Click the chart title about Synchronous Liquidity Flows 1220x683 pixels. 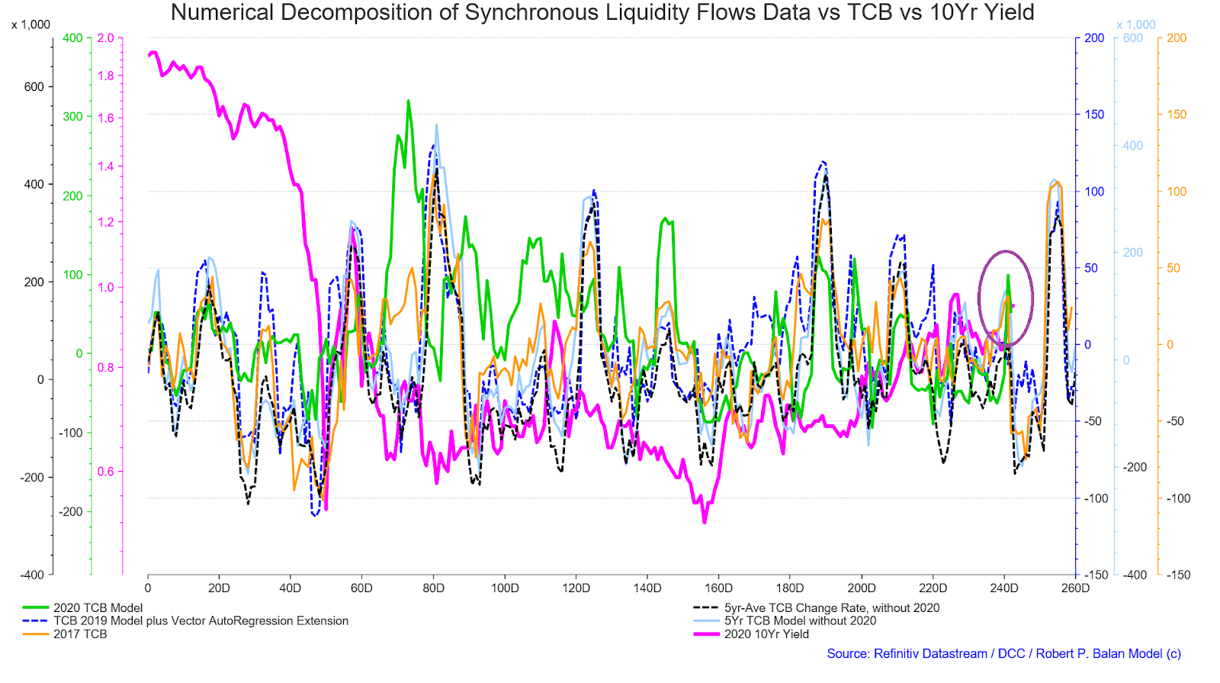coord(602,12)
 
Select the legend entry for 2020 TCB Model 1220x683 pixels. coord(83,607)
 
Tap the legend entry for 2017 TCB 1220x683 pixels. coord(65,634)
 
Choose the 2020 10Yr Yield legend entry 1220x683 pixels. coord(751,634)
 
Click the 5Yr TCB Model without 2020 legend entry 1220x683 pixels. coord(785,621)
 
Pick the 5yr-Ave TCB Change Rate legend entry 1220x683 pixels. coord(817,607)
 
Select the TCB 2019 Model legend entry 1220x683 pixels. coord(186,621)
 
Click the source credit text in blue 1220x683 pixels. coord(1003,653)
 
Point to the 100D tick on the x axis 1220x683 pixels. coord(505,588)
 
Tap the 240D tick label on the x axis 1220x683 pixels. coord(1004,588)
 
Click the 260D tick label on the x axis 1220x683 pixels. coord(1076,588)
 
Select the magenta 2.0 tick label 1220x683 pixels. coord(106,38)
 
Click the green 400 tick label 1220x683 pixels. coord(72,38)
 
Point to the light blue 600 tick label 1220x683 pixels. coord(1133,38)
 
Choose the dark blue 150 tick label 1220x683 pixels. coord(1094,114)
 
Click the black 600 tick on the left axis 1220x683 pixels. coord(34,87)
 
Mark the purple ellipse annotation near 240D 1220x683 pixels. coord(979,298)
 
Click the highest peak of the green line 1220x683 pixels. coord(408,101)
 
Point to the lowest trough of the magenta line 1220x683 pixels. coord(705,523)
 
